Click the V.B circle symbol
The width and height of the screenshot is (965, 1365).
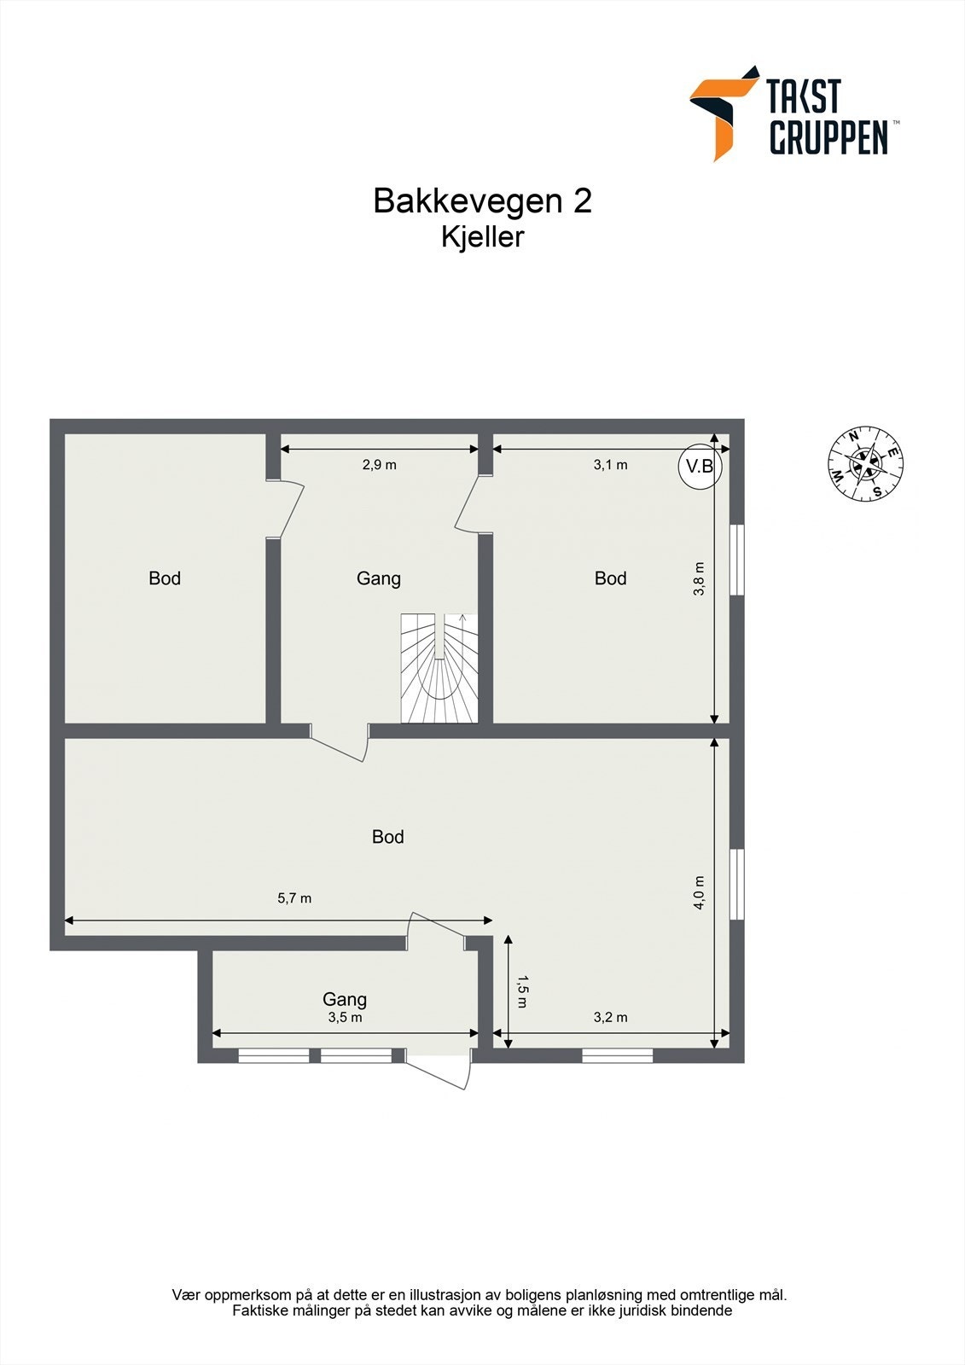(700, 467)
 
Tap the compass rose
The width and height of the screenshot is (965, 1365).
(865, 465)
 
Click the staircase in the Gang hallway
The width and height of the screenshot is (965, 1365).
(439, 668)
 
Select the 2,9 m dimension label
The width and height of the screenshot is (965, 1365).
(380, 465)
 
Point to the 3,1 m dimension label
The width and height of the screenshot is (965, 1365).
(610, 465)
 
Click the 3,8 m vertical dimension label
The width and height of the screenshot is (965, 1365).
(700, 578)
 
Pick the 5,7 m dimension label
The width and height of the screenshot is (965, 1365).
(294, 898)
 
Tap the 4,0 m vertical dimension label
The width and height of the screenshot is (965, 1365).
(700, 893)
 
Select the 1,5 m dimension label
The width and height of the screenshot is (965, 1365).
(522, 991)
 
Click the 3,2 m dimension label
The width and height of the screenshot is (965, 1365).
(610, 1017)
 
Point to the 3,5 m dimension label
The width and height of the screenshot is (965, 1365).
(345, 1018)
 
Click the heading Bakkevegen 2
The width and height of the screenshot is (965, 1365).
(482, 201)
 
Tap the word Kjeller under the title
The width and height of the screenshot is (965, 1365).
(482, 237)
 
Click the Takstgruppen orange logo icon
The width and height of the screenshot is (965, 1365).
(722, 112)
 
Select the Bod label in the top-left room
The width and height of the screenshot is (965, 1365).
(165, 578)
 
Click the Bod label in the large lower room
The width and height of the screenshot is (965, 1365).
(387, 837)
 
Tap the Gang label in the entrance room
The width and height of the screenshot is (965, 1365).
(345, 999)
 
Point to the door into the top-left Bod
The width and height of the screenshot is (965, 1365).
(287, 510)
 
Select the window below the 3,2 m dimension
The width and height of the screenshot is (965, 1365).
(618, 1056)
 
